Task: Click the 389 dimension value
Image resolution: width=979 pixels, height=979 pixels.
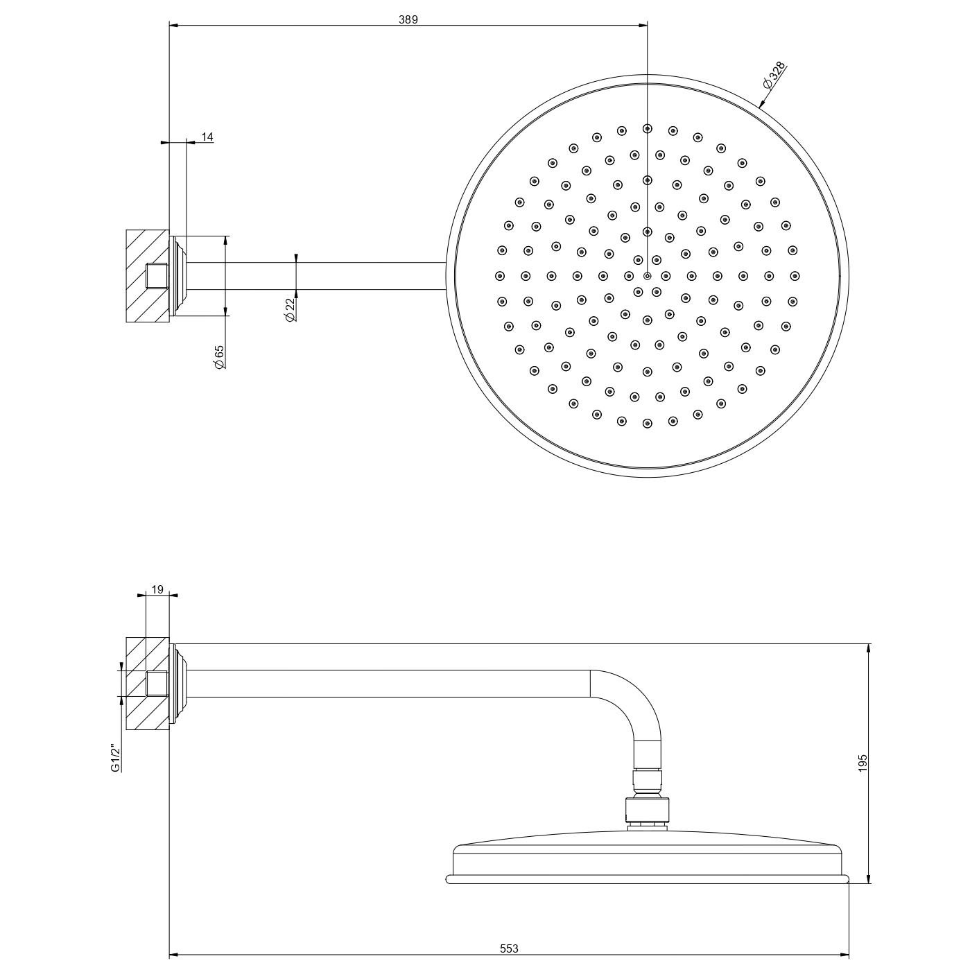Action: [408, 20]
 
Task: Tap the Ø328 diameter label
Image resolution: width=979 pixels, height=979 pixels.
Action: [774, 76]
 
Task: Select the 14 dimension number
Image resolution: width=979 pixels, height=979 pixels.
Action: [207, 137]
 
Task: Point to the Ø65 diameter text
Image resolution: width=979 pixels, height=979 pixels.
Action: [219, 356]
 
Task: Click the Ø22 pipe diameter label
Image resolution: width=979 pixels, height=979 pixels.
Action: [290, 310]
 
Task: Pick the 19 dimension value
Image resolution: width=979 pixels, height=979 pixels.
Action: [157, 589]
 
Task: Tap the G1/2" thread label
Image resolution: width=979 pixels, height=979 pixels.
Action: [116, 759]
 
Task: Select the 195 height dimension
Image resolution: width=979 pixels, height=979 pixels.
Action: [863, 763]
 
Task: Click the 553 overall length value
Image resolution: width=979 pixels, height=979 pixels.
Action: [509, 948]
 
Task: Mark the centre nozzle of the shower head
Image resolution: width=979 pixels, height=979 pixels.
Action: [647, 276]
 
